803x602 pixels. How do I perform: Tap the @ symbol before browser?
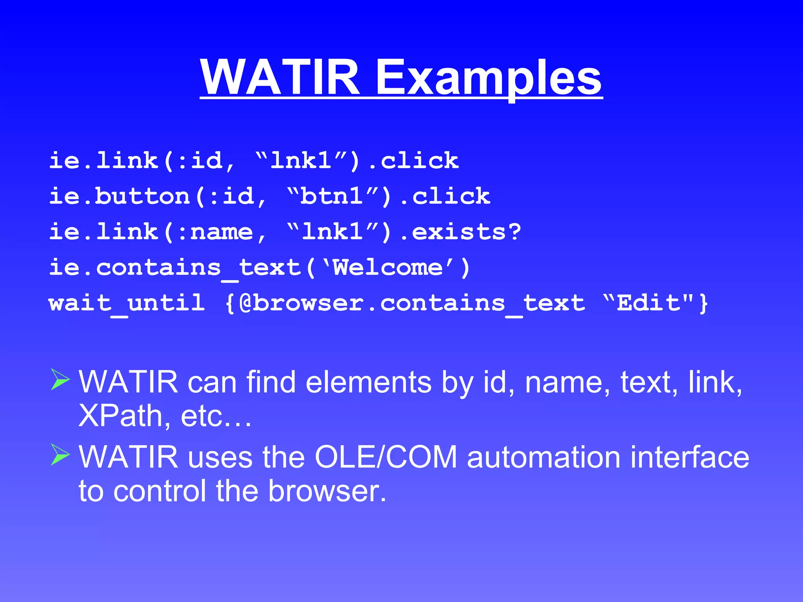click(x=245, y=303)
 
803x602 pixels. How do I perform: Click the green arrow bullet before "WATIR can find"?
click(x=60, y=379)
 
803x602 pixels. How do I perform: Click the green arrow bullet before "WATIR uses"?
click(x=60, y=454)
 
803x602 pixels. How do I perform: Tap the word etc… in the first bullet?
click(x=216, y=416)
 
